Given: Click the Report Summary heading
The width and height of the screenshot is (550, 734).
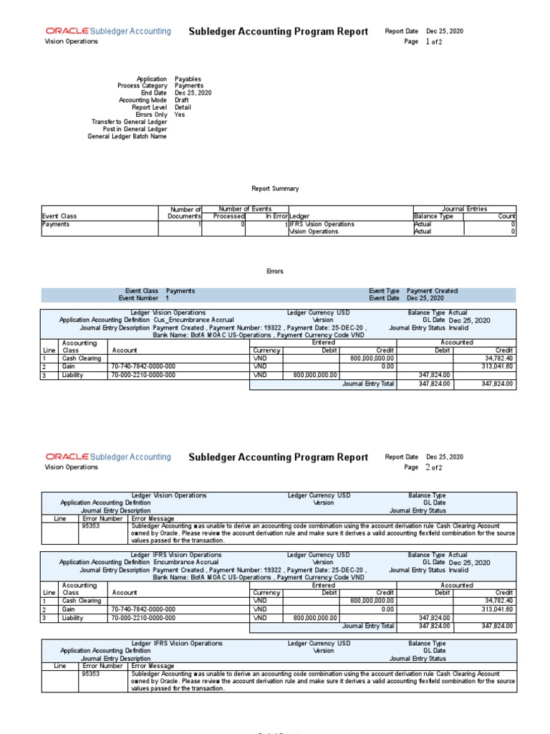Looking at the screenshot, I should pos(275,189).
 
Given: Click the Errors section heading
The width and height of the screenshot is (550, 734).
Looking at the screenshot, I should pos(275,272).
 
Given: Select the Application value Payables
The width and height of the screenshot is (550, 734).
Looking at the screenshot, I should pos(188,79).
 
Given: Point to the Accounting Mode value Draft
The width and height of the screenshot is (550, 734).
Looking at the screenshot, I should pos(183,100).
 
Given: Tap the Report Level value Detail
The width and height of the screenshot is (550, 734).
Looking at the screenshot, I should pos(183,108).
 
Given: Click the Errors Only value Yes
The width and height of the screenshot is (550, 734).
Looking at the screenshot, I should pos(180,115).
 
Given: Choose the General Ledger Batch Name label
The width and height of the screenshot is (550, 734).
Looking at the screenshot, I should pos(127,136).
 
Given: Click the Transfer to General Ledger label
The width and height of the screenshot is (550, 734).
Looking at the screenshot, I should pos(129,122).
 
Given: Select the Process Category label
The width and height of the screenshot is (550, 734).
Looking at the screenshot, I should pos(142,86).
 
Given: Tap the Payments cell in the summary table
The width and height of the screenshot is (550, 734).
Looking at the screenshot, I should pos(56,224).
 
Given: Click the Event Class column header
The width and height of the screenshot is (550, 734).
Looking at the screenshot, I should pos(59,216).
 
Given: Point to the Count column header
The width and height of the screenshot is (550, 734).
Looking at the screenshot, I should pos(506,216).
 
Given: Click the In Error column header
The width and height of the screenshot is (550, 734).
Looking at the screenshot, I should pos(276,216).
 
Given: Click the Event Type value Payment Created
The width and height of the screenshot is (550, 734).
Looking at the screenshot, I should pos(432,291).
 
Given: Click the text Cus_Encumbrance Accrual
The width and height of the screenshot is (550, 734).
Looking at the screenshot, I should pos(193,320).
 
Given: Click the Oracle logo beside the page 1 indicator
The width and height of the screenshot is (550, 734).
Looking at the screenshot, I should pos(67,32).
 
